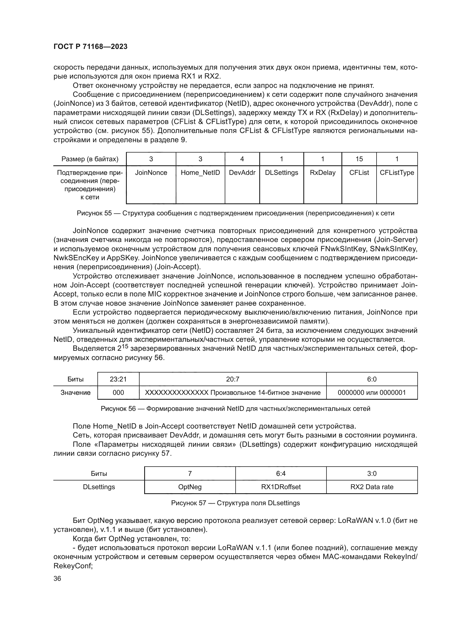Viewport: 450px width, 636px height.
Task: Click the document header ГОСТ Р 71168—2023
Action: tap(90, 46)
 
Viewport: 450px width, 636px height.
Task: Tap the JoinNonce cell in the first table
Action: tap(151, 173)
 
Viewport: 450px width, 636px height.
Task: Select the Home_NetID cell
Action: tap(200, 173)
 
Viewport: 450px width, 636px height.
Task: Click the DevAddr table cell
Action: tap(242, 173)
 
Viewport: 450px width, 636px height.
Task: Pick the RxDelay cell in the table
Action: tap(323, 173)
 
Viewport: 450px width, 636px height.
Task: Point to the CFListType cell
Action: tap(397, 173)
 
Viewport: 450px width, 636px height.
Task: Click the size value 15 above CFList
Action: tap(359, 159)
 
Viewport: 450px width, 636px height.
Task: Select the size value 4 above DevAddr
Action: tap(242, 159)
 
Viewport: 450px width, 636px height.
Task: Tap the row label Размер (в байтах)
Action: tap(90, 159)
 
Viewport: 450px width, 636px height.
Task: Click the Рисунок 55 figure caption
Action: tap(235, 213)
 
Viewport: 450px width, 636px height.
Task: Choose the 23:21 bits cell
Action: tap(118, 379)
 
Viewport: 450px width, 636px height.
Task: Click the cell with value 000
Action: tap(118, 393)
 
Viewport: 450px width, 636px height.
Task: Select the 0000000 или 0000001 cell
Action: tap(372, 393)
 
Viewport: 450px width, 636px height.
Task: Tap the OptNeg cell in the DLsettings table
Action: tap(190, 487)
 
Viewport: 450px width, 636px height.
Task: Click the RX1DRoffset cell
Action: tap(281, 487)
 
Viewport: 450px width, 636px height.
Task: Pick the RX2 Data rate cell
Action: tap(372, 487)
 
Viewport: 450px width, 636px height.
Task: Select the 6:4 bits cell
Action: tap(281, 474)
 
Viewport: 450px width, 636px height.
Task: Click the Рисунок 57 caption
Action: tap(235, 503)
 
